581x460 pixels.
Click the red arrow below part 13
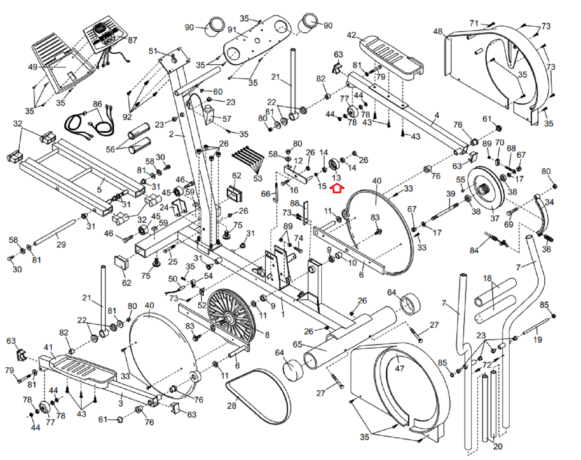pyautogui.click(x=337, y=188)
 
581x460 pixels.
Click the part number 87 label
pyautogui.click(x=133, y=40)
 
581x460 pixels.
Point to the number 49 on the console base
pyautogui.click(x=33, y=67)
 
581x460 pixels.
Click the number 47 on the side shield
pyautogui.click(x=399, y=368)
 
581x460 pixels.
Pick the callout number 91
pyautogui.click(x=232, y=30)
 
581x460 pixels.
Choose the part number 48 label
pyautogui.click(x=438, y=32)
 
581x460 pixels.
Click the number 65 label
pyautogui.click(x=297, y=344)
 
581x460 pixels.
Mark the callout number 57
pyautogui.click(x=227, y=119)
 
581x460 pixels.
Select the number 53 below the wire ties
pyautogui.click(x=257, y=178)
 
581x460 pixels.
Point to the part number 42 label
pyautogui.click(x=351, y=35)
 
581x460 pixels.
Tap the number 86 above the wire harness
pyautogui.click(x=97, y=104)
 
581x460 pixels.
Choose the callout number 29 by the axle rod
pyautogui.click(x=61, y=245)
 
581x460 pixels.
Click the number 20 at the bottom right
pyautogui.click(x=497, y=446)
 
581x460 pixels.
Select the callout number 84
pyautogui.click(x=474, y=250)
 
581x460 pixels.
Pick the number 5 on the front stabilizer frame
pyautogui.click(x=99, y=190)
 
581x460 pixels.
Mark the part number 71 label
pyautogui.click(x=474, y=23)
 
